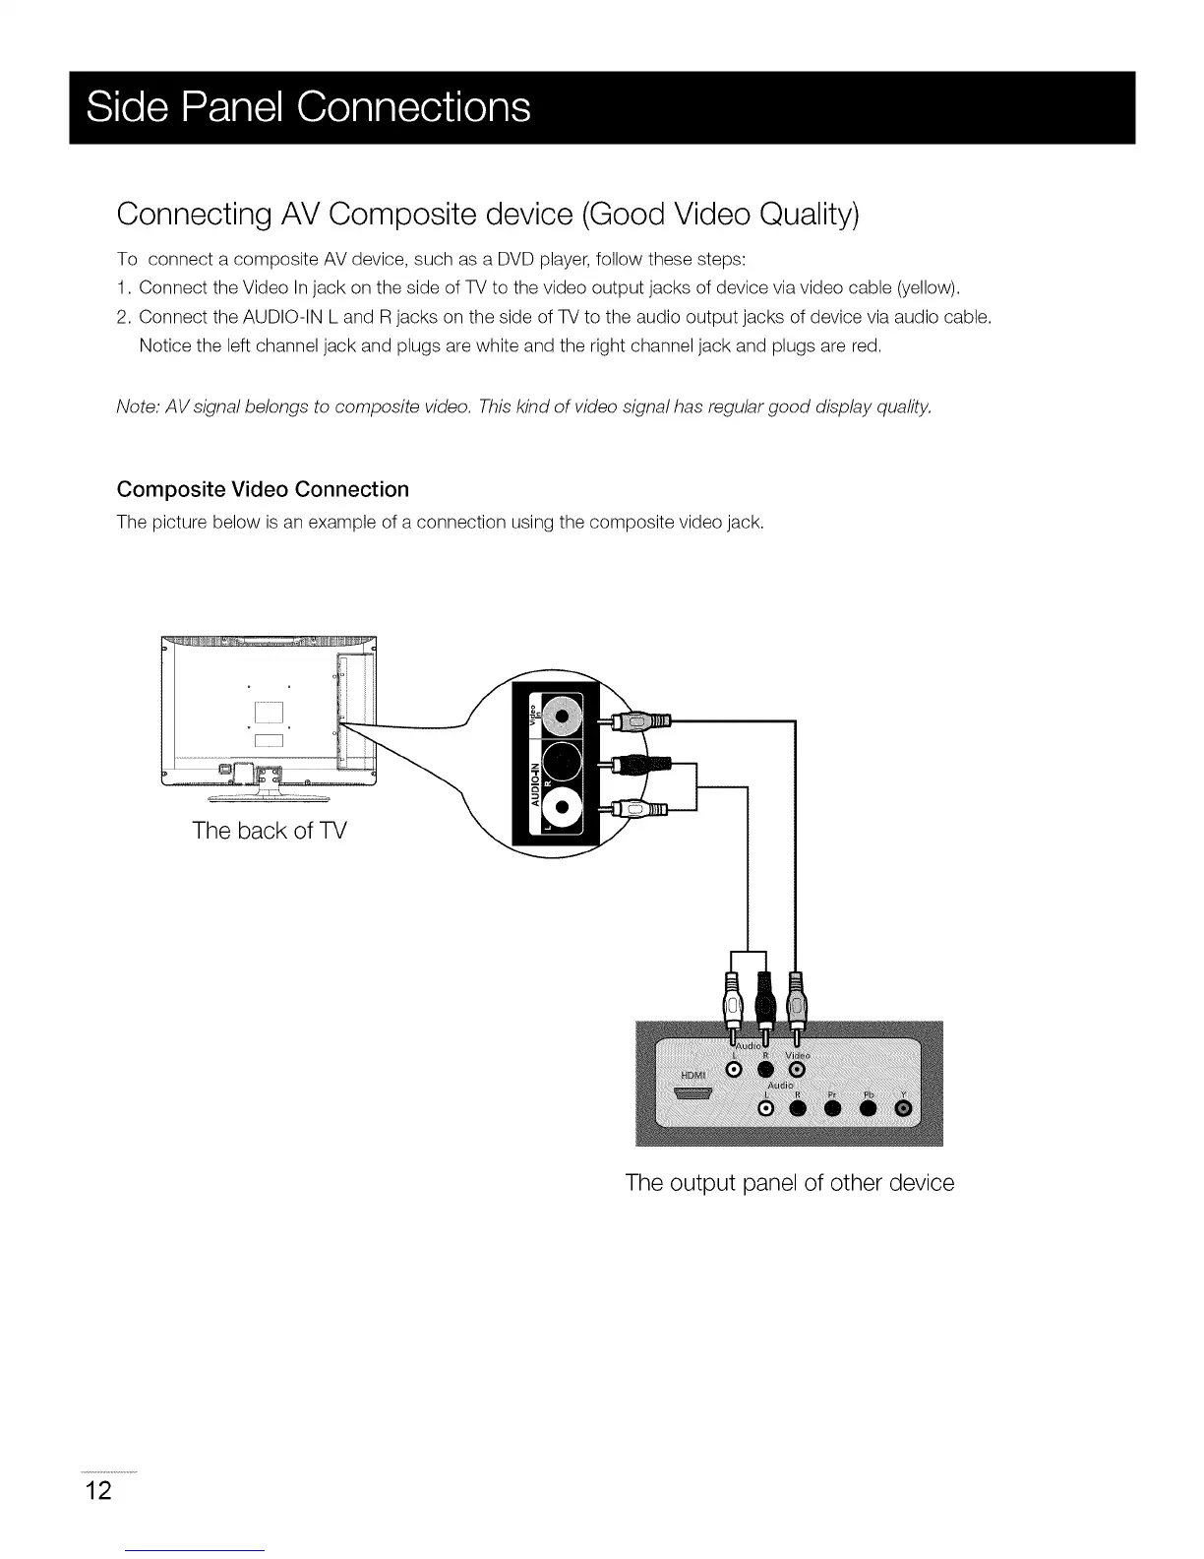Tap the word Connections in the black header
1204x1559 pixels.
[x=414, y=106]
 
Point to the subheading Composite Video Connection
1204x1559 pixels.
[x=263, y=489]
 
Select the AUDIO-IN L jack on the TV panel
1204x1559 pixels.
[x=561, y=808]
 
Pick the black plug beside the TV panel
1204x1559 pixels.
[x=640, y=764]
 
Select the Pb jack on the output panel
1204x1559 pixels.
[x=869, y=1110]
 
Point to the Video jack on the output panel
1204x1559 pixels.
[x=798, y=1070]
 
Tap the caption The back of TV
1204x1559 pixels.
[x=270, y=831]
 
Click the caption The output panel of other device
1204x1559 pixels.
[x=789, y=1182]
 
